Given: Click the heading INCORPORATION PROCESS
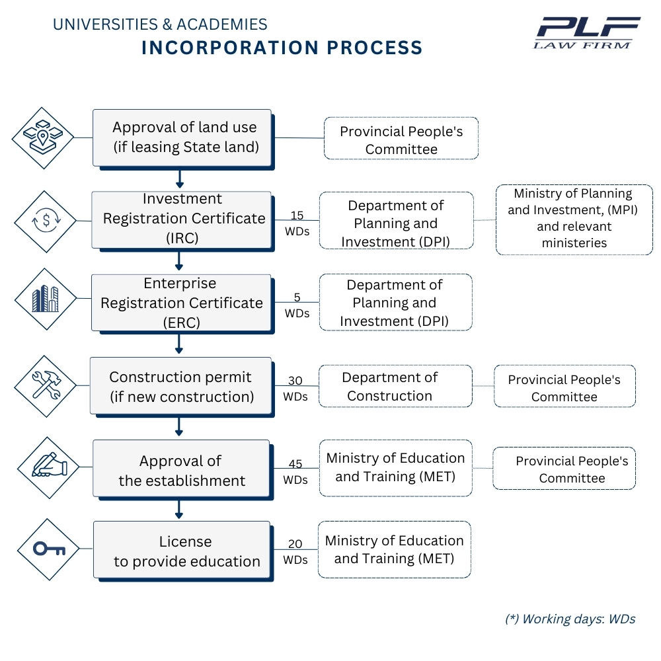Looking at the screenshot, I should tap(282, 48).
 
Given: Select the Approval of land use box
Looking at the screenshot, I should tap(182, 137).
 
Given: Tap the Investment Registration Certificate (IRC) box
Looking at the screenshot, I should tap(182, 219).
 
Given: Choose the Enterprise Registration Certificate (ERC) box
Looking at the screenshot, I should tap(181, 303).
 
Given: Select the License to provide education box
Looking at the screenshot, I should tap(182, 551).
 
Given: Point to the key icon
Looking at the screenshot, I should tap(48, 549).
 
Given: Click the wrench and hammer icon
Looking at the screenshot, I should tap(46, 385).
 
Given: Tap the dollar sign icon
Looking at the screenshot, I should tap(46, 221).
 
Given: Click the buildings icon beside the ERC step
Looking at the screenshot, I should tap(46, 299).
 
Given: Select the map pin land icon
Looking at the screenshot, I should tap(43, 137).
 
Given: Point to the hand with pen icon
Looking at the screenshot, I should tap(48, 466).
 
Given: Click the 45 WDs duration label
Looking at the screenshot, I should tap(295, 472).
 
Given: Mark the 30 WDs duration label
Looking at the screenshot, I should tap(295, 389).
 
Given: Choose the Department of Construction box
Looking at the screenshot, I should tap(395, 386).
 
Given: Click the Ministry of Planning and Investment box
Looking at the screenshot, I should tap(574, 219).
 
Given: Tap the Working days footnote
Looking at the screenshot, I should tap(570, 619).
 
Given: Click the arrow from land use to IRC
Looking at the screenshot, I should tap(179, 178).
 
